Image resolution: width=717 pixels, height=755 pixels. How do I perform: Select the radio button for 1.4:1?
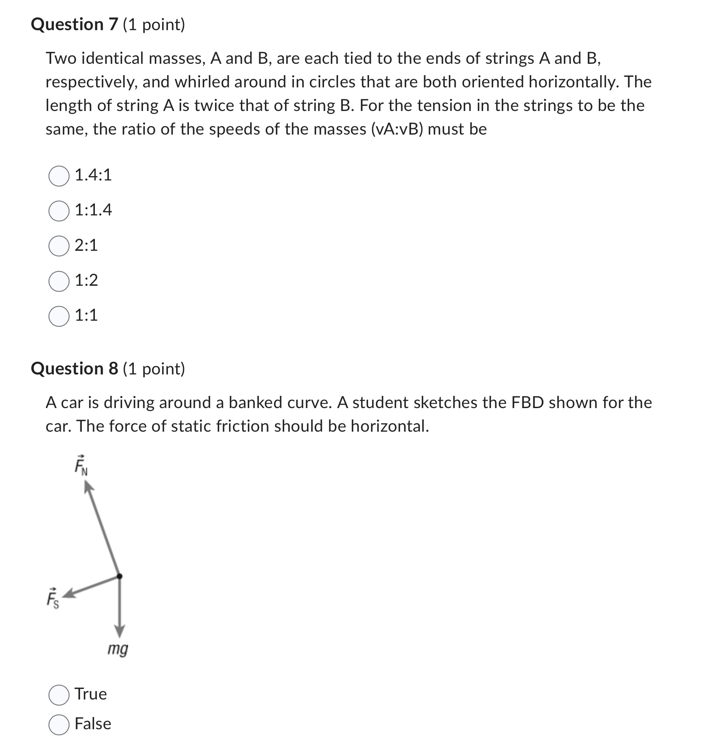(59, 176)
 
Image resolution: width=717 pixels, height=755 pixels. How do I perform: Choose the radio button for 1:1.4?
(59, 211)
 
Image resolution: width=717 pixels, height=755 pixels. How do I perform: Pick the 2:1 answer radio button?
(59, 246)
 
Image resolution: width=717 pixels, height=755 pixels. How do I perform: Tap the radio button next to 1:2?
(59, 281)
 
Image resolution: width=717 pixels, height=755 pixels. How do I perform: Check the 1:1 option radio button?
(59, 316)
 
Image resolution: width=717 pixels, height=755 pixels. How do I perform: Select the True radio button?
(59, 695)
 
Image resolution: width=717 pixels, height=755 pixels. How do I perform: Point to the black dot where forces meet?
(119, 576)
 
